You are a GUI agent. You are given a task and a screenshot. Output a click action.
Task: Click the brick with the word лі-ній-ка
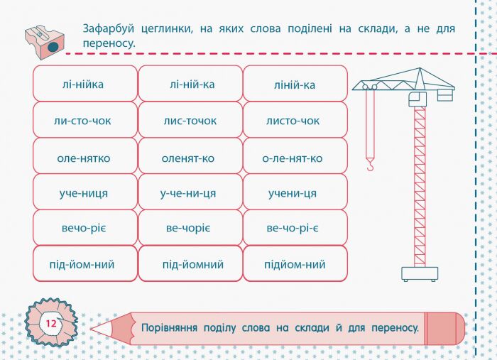pyautogui.click(x=190, y=84)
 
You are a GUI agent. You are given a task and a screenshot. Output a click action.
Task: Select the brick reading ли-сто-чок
pyautogui.click(x=85, y=120)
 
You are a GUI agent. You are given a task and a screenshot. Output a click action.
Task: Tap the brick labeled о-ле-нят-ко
pyautogui.click(x=295, y=156)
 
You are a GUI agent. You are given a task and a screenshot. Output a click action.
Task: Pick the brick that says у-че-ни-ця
pyautogui.click(x=190, y=192)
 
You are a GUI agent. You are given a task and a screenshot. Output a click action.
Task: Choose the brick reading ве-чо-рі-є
pyautogui.click(x=295, y=228)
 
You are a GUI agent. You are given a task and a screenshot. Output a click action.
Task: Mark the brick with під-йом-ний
pyautogui.click(x=85, y=264)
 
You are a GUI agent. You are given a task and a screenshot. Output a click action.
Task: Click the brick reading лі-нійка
pyautogui.click(x=85, y=84)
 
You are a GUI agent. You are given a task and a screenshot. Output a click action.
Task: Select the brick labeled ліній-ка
pyautogui.click(x=295, y=84)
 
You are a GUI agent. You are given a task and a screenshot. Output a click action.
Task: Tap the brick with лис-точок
pyautogui.click(x=190, y=120)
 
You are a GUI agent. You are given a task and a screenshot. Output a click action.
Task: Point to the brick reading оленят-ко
pyautogui.click(x=190, y=156)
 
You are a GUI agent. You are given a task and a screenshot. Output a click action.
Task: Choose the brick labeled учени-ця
pyautogui.click(x=295, y=192)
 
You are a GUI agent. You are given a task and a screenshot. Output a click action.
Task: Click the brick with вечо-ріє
pyautogui.click(x=85, y=228)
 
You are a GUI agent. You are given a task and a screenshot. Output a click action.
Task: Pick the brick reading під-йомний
pyautogui.click(x=190, y=264)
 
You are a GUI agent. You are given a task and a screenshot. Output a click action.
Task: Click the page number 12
pyautogui.click(x=50, y=324)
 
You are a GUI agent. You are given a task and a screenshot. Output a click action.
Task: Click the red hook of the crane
pyautogui.click(x=369, y=165)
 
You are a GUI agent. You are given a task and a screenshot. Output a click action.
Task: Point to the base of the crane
pyautogui.click(x=420, y=273)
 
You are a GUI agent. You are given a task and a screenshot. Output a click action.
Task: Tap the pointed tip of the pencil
pyautogui.click(x=93, y=329)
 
